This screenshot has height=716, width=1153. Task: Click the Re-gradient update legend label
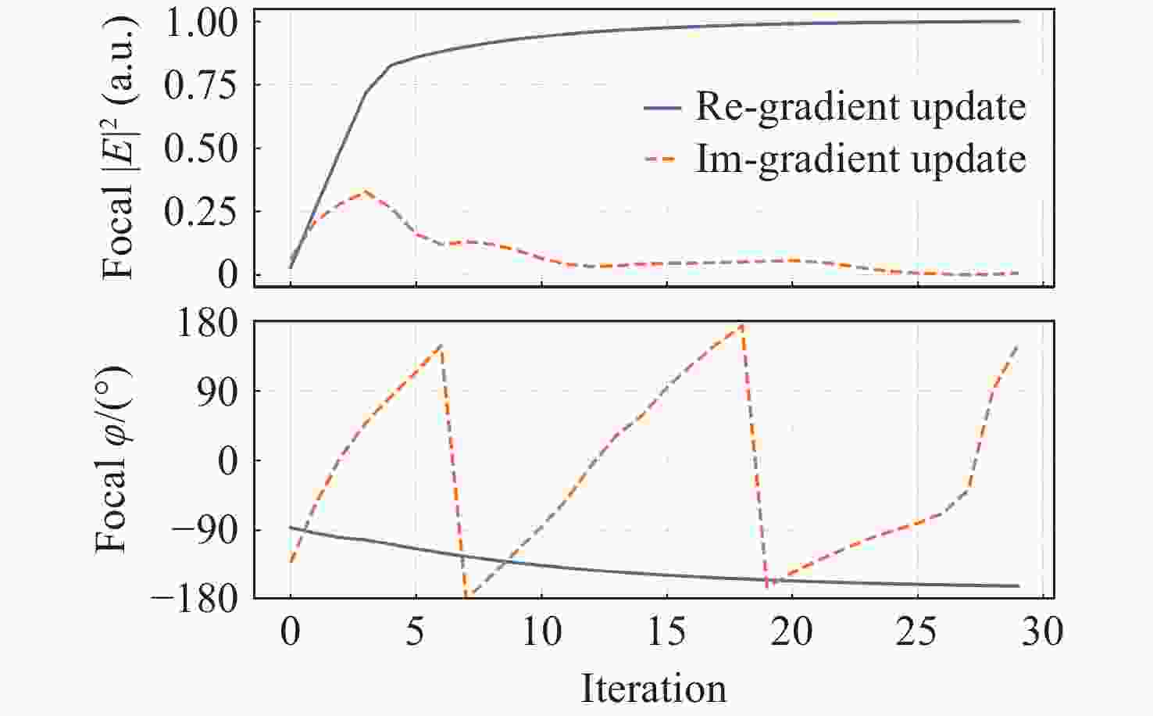[x=860, y=107]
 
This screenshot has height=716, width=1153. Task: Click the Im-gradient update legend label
[x=860, y=159]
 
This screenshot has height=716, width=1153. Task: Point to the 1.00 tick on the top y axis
[x=202, y=22]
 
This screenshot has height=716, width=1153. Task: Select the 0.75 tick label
[x=202, y=85]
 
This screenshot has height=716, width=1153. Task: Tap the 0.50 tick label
[x=202, y=149]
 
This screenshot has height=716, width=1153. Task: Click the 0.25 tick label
[x=202, y=212]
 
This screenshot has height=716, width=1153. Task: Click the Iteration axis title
[x=653, y=689]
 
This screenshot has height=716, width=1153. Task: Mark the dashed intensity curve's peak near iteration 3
[x=365, y=191]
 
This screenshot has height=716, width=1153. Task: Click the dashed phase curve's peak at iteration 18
[x=741, y=324]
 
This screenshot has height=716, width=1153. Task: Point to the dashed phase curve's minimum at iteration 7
[x=466, y=597]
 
